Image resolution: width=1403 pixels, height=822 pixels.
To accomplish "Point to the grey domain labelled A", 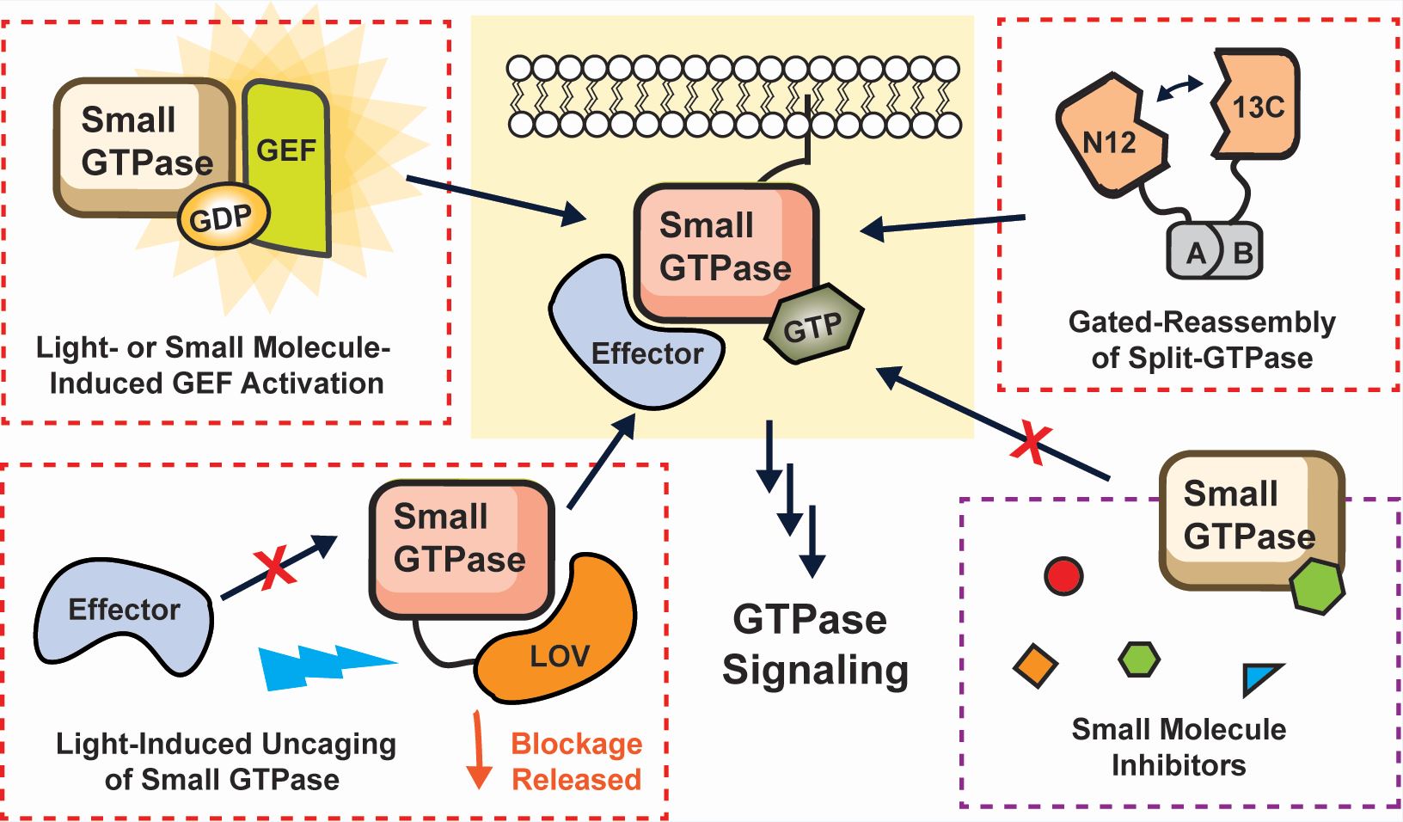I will click(1194, 253).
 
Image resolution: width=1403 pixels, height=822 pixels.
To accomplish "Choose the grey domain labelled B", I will click(1242, 253).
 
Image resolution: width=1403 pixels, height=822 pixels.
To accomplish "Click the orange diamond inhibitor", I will click(1035, 666).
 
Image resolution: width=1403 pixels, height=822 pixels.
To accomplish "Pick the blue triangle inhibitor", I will click(1260, 678).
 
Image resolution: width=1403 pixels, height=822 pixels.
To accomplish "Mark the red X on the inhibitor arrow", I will click(1032, 444).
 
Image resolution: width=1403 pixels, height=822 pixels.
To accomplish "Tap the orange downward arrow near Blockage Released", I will click(478, 749).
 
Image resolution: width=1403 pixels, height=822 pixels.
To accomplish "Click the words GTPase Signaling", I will click(813, 645).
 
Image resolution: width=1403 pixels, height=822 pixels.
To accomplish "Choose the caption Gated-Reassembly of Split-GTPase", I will click(1202, 340).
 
